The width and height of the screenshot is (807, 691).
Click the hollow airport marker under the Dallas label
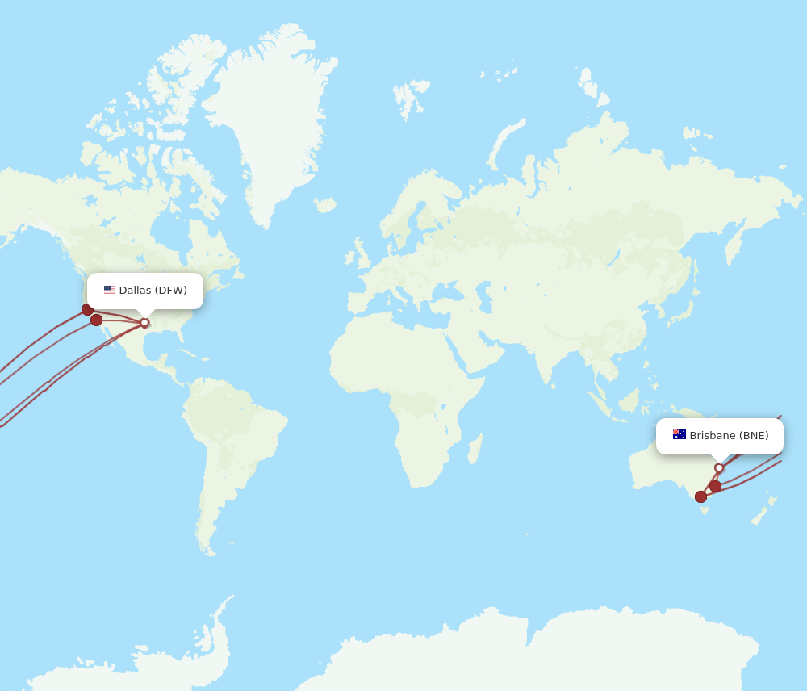tap(144, 323)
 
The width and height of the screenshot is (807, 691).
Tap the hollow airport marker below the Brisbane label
tap(719, 468)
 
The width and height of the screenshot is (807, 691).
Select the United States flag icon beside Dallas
tap(110, 290)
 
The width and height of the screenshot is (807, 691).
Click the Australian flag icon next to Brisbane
tap(679, 435)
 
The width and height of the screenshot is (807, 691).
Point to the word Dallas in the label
tap(135, 291)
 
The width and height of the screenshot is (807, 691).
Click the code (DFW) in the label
tap(170, 291)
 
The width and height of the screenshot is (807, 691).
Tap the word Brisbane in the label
tap(713, 436)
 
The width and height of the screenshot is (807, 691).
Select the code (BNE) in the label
tap(755, 436)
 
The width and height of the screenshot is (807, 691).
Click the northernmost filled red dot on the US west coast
tap(87, 309)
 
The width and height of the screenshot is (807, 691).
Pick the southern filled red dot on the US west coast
tap(97, 320)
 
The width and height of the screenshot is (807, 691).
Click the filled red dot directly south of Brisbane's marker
tap(716, 486)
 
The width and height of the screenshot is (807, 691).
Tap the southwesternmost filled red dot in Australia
tap(700, 496)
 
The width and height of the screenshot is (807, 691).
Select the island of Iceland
tap(324, 205)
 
